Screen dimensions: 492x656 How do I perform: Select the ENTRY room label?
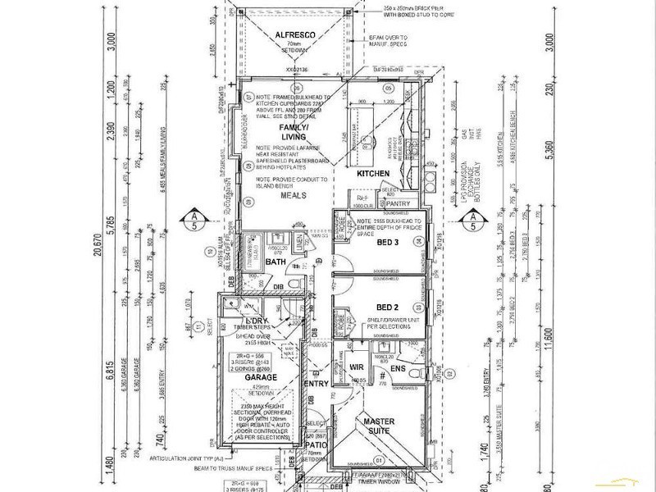(317, 384)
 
